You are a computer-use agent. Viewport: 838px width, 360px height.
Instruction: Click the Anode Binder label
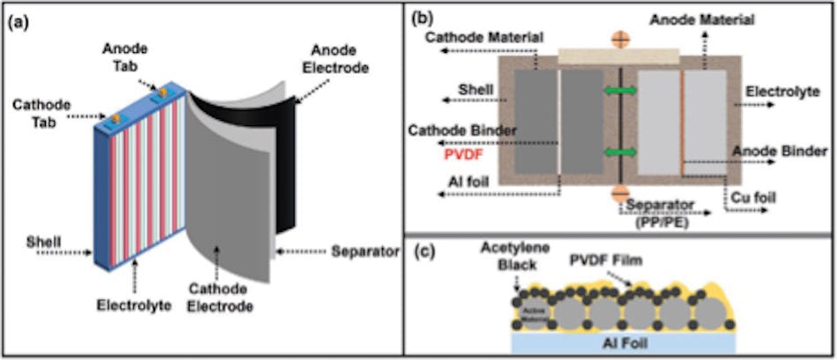pyautogui.click(x=785, y=151)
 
